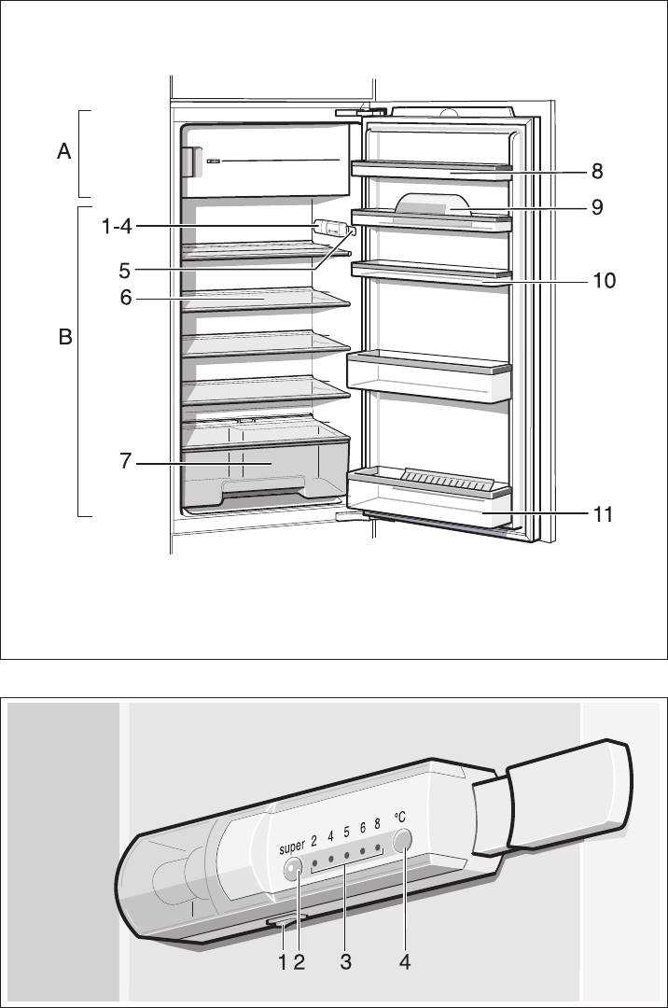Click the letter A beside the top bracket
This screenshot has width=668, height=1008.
click(63, 152)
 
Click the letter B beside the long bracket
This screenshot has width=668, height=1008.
click(65, 337)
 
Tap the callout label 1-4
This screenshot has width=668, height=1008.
click(117, 226)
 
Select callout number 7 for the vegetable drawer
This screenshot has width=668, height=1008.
click(125, 461)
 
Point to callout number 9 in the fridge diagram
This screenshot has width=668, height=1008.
click(597, 207)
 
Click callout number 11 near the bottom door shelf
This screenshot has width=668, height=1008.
click(602, 514)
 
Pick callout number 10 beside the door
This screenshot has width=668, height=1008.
click(604, 280)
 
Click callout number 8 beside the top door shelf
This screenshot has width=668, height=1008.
click(597, 171)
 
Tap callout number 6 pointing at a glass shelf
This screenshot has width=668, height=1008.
click(126, 298)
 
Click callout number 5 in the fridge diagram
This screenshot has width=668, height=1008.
click(125, 271)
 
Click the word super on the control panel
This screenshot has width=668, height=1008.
click(292, 847)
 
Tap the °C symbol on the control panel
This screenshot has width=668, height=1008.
click(400, 817)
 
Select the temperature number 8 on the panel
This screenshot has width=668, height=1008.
click(377, 823)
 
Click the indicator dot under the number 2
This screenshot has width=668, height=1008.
click(314, 861)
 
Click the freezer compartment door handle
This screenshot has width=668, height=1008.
click(188, 162)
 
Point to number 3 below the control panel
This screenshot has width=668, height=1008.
click(345, 961)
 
